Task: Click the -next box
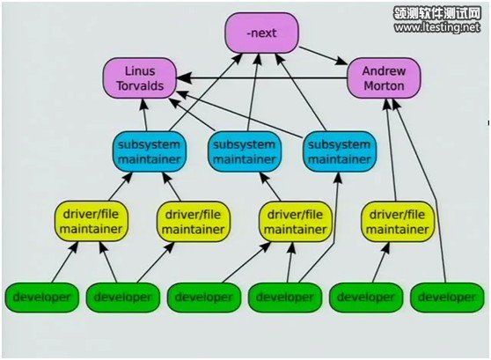(x=262, y=33)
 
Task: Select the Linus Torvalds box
(x=140, y=78)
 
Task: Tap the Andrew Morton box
(x=384, y=78)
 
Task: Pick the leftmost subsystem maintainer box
(x=150, y=152)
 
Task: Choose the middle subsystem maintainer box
(x=245, y=152)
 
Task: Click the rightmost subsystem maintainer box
(x=340, y=152)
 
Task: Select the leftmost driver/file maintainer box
(x=92, y=222)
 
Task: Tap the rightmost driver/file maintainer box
(x=398, y=222)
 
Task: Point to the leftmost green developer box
(x=41, y=298)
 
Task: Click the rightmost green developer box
(x=447, y=298)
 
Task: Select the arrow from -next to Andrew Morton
(x=323, y=55)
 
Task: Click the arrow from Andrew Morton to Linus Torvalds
(x=262, y=78)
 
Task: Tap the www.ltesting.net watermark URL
(x=437, y=27)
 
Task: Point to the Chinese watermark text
(x=437, y=13)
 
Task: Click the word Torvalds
(x=140, y=86)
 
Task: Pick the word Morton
(x=384, y=86)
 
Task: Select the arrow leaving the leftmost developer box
(x=64, y=262)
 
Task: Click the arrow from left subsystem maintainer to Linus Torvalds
(x=144, y=115)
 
